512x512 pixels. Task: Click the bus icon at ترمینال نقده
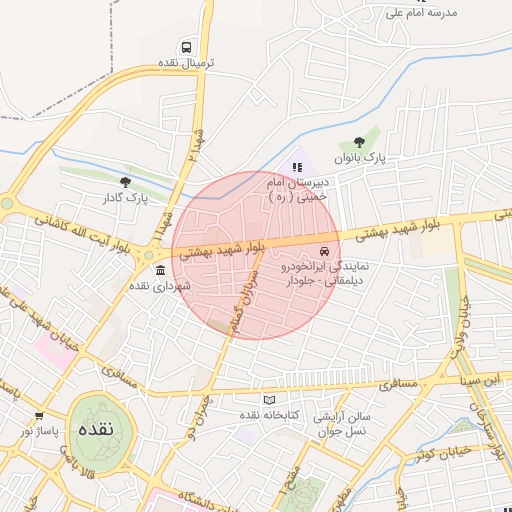[186, 47]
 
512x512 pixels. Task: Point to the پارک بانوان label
[359, 158]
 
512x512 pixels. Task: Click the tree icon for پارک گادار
[125, 182]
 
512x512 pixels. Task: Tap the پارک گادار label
[125, 198]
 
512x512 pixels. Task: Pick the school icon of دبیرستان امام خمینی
[296, 166]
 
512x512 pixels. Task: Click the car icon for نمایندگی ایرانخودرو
[323, 250]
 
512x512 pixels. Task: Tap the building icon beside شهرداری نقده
[160, 270]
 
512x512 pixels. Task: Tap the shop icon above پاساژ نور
[39, 415]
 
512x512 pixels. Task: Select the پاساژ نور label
[41, 431]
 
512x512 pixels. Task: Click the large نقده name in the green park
[103, 429]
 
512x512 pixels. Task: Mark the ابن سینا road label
[477, 380]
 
